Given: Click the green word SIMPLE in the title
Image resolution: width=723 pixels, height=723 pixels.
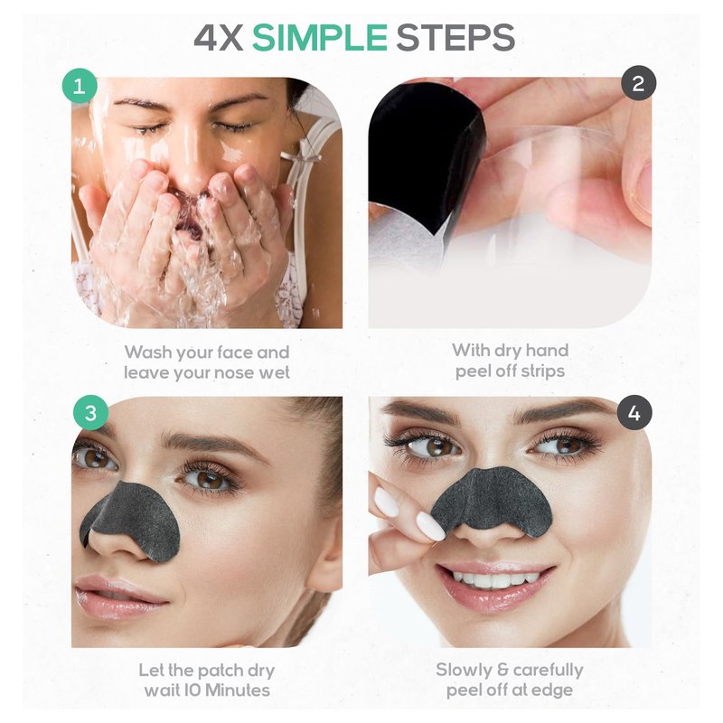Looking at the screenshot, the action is (x=320, y=37).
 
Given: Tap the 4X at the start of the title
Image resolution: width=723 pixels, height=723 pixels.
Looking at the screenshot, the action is (x=219, y=37).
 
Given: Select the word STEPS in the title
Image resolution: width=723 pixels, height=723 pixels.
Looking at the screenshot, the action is (x=455, y=37).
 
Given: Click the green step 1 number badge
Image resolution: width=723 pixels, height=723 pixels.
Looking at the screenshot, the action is (x=80, y=86).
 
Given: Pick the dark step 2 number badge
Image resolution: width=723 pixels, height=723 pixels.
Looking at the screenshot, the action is (x=639, y=83).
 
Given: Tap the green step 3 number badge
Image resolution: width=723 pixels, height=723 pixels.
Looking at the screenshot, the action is (x=91, y=413).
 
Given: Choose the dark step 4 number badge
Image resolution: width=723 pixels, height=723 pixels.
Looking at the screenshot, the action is (x=635, y=413).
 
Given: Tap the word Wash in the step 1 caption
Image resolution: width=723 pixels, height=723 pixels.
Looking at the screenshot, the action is (x=148, y=352).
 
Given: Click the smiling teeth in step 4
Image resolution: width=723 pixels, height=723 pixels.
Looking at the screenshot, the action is (x=494, y=579).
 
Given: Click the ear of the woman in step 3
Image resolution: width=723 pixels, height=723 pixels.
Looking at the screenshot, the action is (x=326, y=553).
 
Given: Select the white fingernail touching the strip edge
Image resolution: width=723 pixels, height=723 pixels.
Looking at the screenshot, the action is (x=430, y=526).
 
